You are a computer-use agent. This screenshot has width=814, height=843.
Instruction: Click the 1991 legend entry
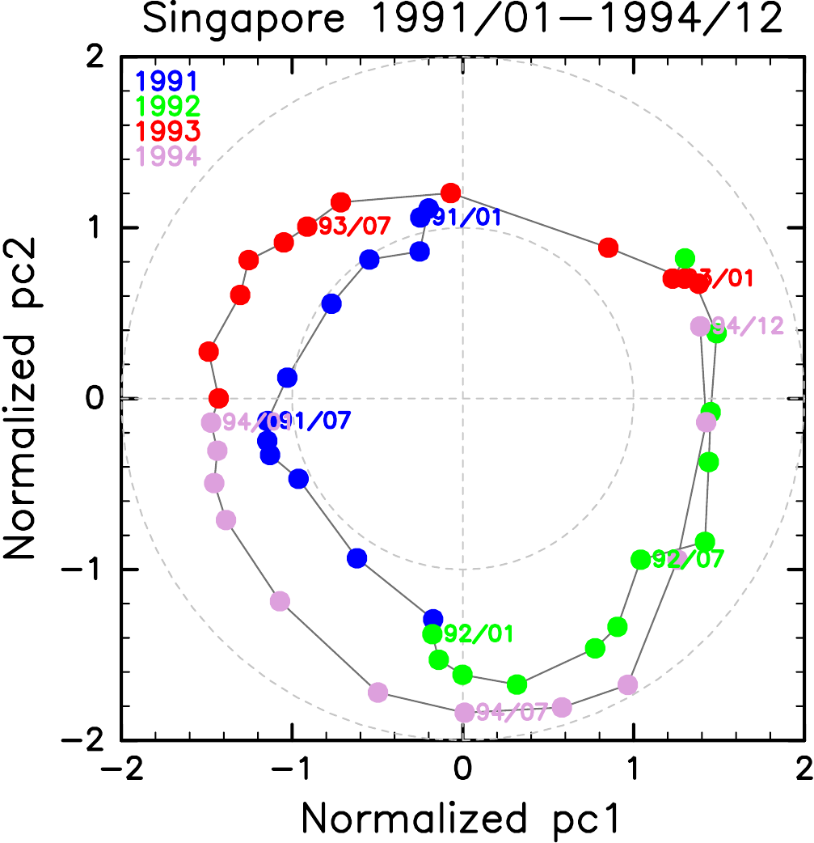click(167, 81)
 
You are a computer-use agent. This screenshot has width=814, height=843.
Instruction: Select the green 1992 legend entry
click(167, 105)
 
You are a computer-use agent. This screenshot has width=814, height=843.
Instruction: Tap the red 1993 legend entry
click(167, 129)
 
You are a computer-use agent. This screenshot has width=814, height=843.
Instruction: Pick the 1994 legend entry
click(167, 155)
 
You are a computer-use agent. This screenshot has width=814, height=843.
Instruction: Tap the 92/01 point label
click(477, 633)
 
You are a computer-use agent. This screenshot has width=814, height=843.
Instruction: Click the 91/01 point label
click(464, 217)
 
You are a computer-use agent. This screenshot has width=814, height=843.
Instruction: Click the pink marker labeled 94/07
click(465, 712)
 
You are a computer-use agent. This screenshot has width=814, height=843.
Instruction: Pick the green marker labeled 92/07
click(640, 559)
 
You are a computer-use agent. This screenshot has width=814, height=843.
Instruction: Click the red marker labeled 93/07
click(307, 227)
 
